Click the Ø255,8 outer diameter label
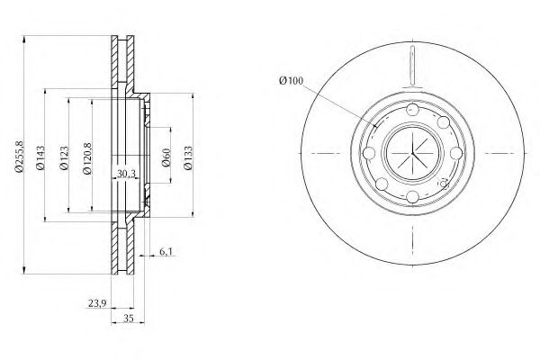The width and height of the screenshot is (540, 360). [x=19, y=156]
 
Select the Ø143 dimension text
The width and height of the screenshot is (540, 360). [x=40, y=157]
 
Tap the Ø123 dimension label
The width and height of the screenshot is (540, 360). [x=65, y=158]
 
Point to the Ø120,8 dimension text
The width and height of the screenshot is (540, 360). [x=87, y=158]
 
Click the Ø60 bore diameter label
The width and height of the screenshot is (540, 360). [x=166, y=157]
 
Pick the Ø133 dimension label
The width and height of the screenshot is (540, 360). [x=188, y=157]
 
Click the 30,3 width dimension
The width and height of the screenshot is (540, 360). [x=126, y=174]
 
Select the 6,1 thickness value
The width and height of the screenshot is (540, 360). [x=166, y=252]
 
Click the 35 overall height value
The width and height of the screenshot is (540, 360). [x=128, y=319]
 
